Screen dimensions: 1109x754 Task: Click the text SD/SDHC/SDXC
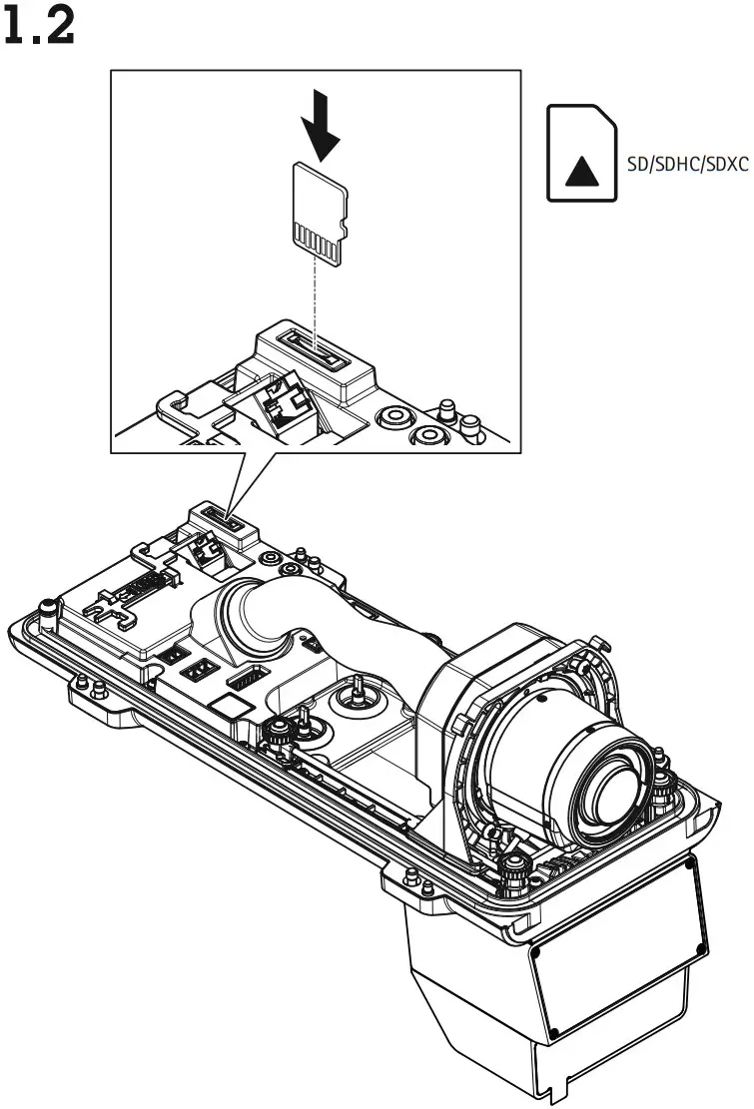687,165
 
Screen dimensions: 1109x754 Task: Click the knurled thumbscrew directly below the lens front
515,864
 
